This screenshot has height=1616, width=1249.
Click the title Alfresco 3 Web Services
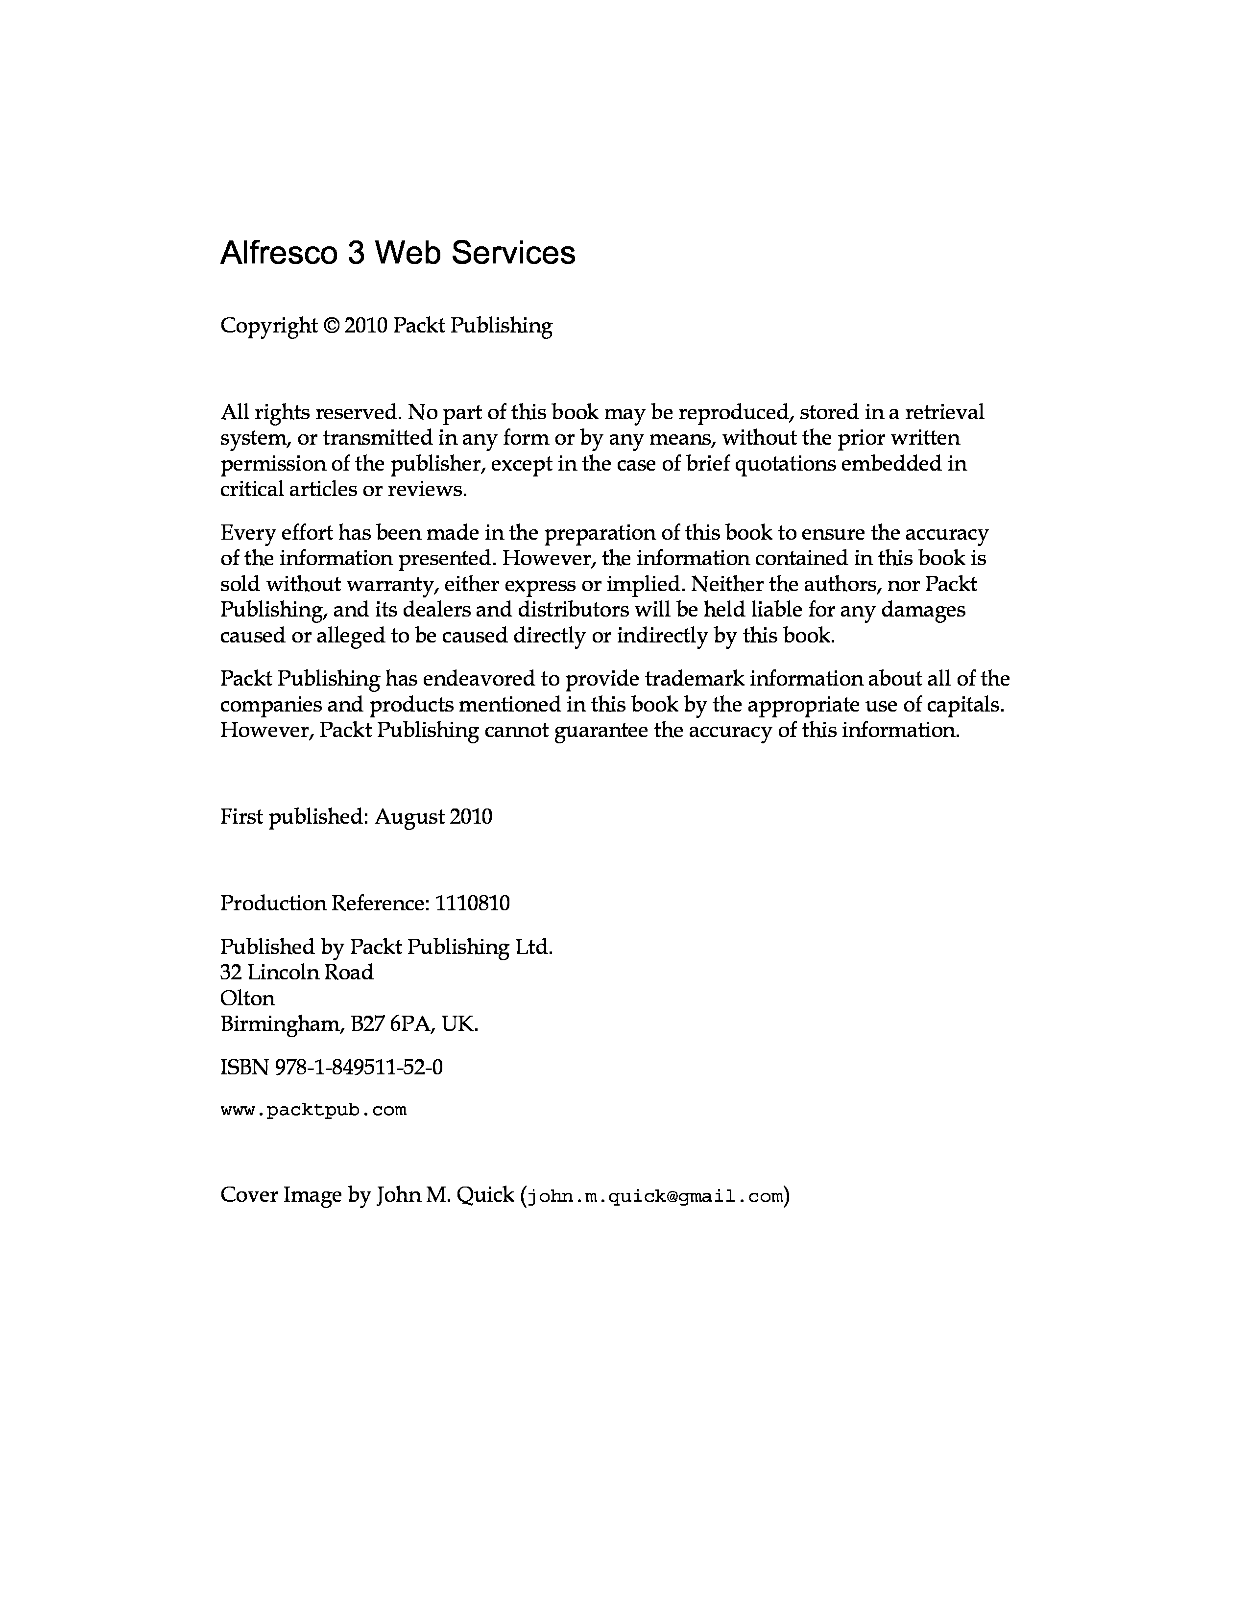pyautogui.click(x=397, y=253)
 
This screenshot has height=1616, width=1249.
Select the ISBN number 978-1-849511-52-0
pyautogui.click(x=359, y=1067)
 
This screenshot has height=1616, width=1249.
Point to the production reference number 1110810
pyautogui.click(x=472, y=903)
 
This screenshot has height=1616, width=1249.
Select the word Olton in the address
pyautogui.click(x=247, y=998)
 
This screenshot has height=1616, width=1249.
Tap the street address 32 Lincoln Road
pyautogui.click(x=297, y=972)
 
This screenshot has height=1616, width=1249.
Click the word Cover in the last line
pyautogui.click(x=249, y=1195)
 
